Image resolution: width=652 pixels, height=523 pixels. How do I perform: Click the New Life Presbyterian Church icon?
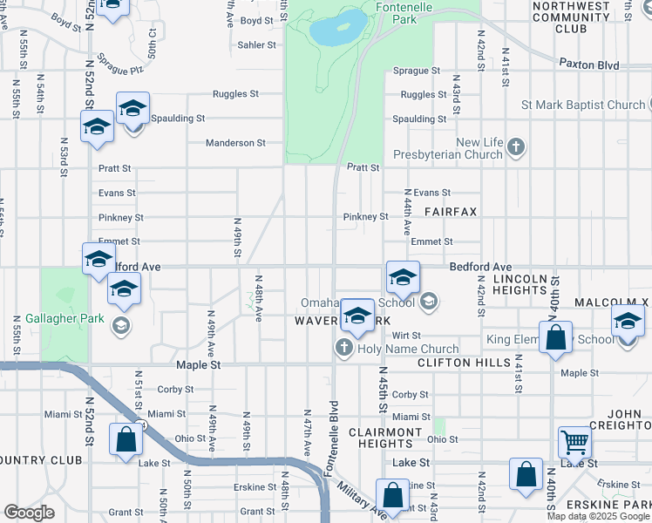[x=516, y=146]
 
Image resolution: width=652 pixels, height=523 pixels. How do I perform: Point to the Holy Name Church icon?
[x=343, y=349]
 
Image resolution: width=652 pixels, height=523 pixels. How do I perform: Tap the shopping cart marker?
[x=574, y=443]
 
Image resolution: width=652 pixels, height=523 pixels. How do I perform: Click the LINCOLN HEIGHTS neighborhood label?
[x=521, y=285]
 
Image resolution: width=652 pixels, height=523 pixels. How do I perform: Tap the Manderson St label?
[x=235, y=143]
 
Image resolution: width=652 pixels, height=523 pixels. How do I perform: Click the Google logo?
[x=29, y=513]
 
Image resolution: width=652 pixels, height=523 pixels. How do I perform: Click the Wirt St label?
[x=406, y=335]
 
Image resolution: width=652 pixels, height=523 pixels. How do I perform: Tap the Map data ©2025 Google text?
[x=598, y=516]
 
